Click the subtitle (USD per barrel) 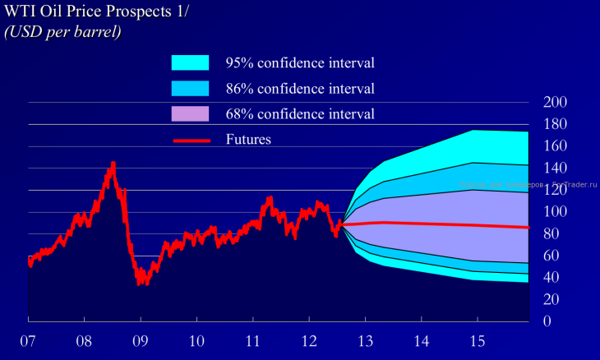(63, 32)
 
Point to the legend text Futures (248, 140)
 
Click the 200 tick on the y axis (556, 103)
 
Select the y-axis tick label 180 (556, 125)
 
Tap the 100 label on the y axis (556, 212)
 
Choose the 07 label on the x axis (29, 340)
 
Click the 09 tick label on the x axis (141, 340)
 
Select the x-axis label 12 (309, 340)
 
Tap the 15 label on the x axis (477, 340)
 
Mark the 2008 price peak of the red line (113, 164)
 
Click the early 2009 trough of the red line (141, 283)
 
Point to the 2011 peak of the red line (270, 197)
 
